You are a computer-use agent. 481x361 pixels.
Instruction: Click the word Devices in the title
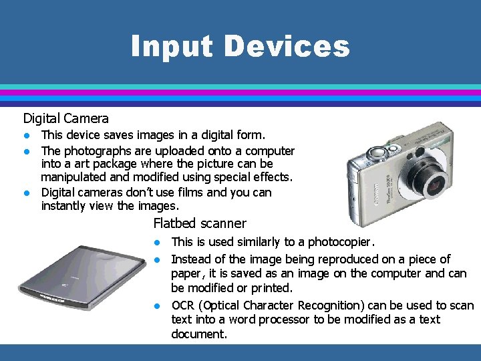tap(287, 46)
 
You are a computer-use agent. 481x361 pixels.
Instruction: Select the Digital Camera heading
tap(65, 118)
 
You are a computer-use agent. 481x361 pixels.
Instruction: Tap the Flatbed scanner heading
tap(200, 223)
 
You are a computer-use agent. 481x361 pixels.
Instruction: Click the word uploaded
tap(170, 151)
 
